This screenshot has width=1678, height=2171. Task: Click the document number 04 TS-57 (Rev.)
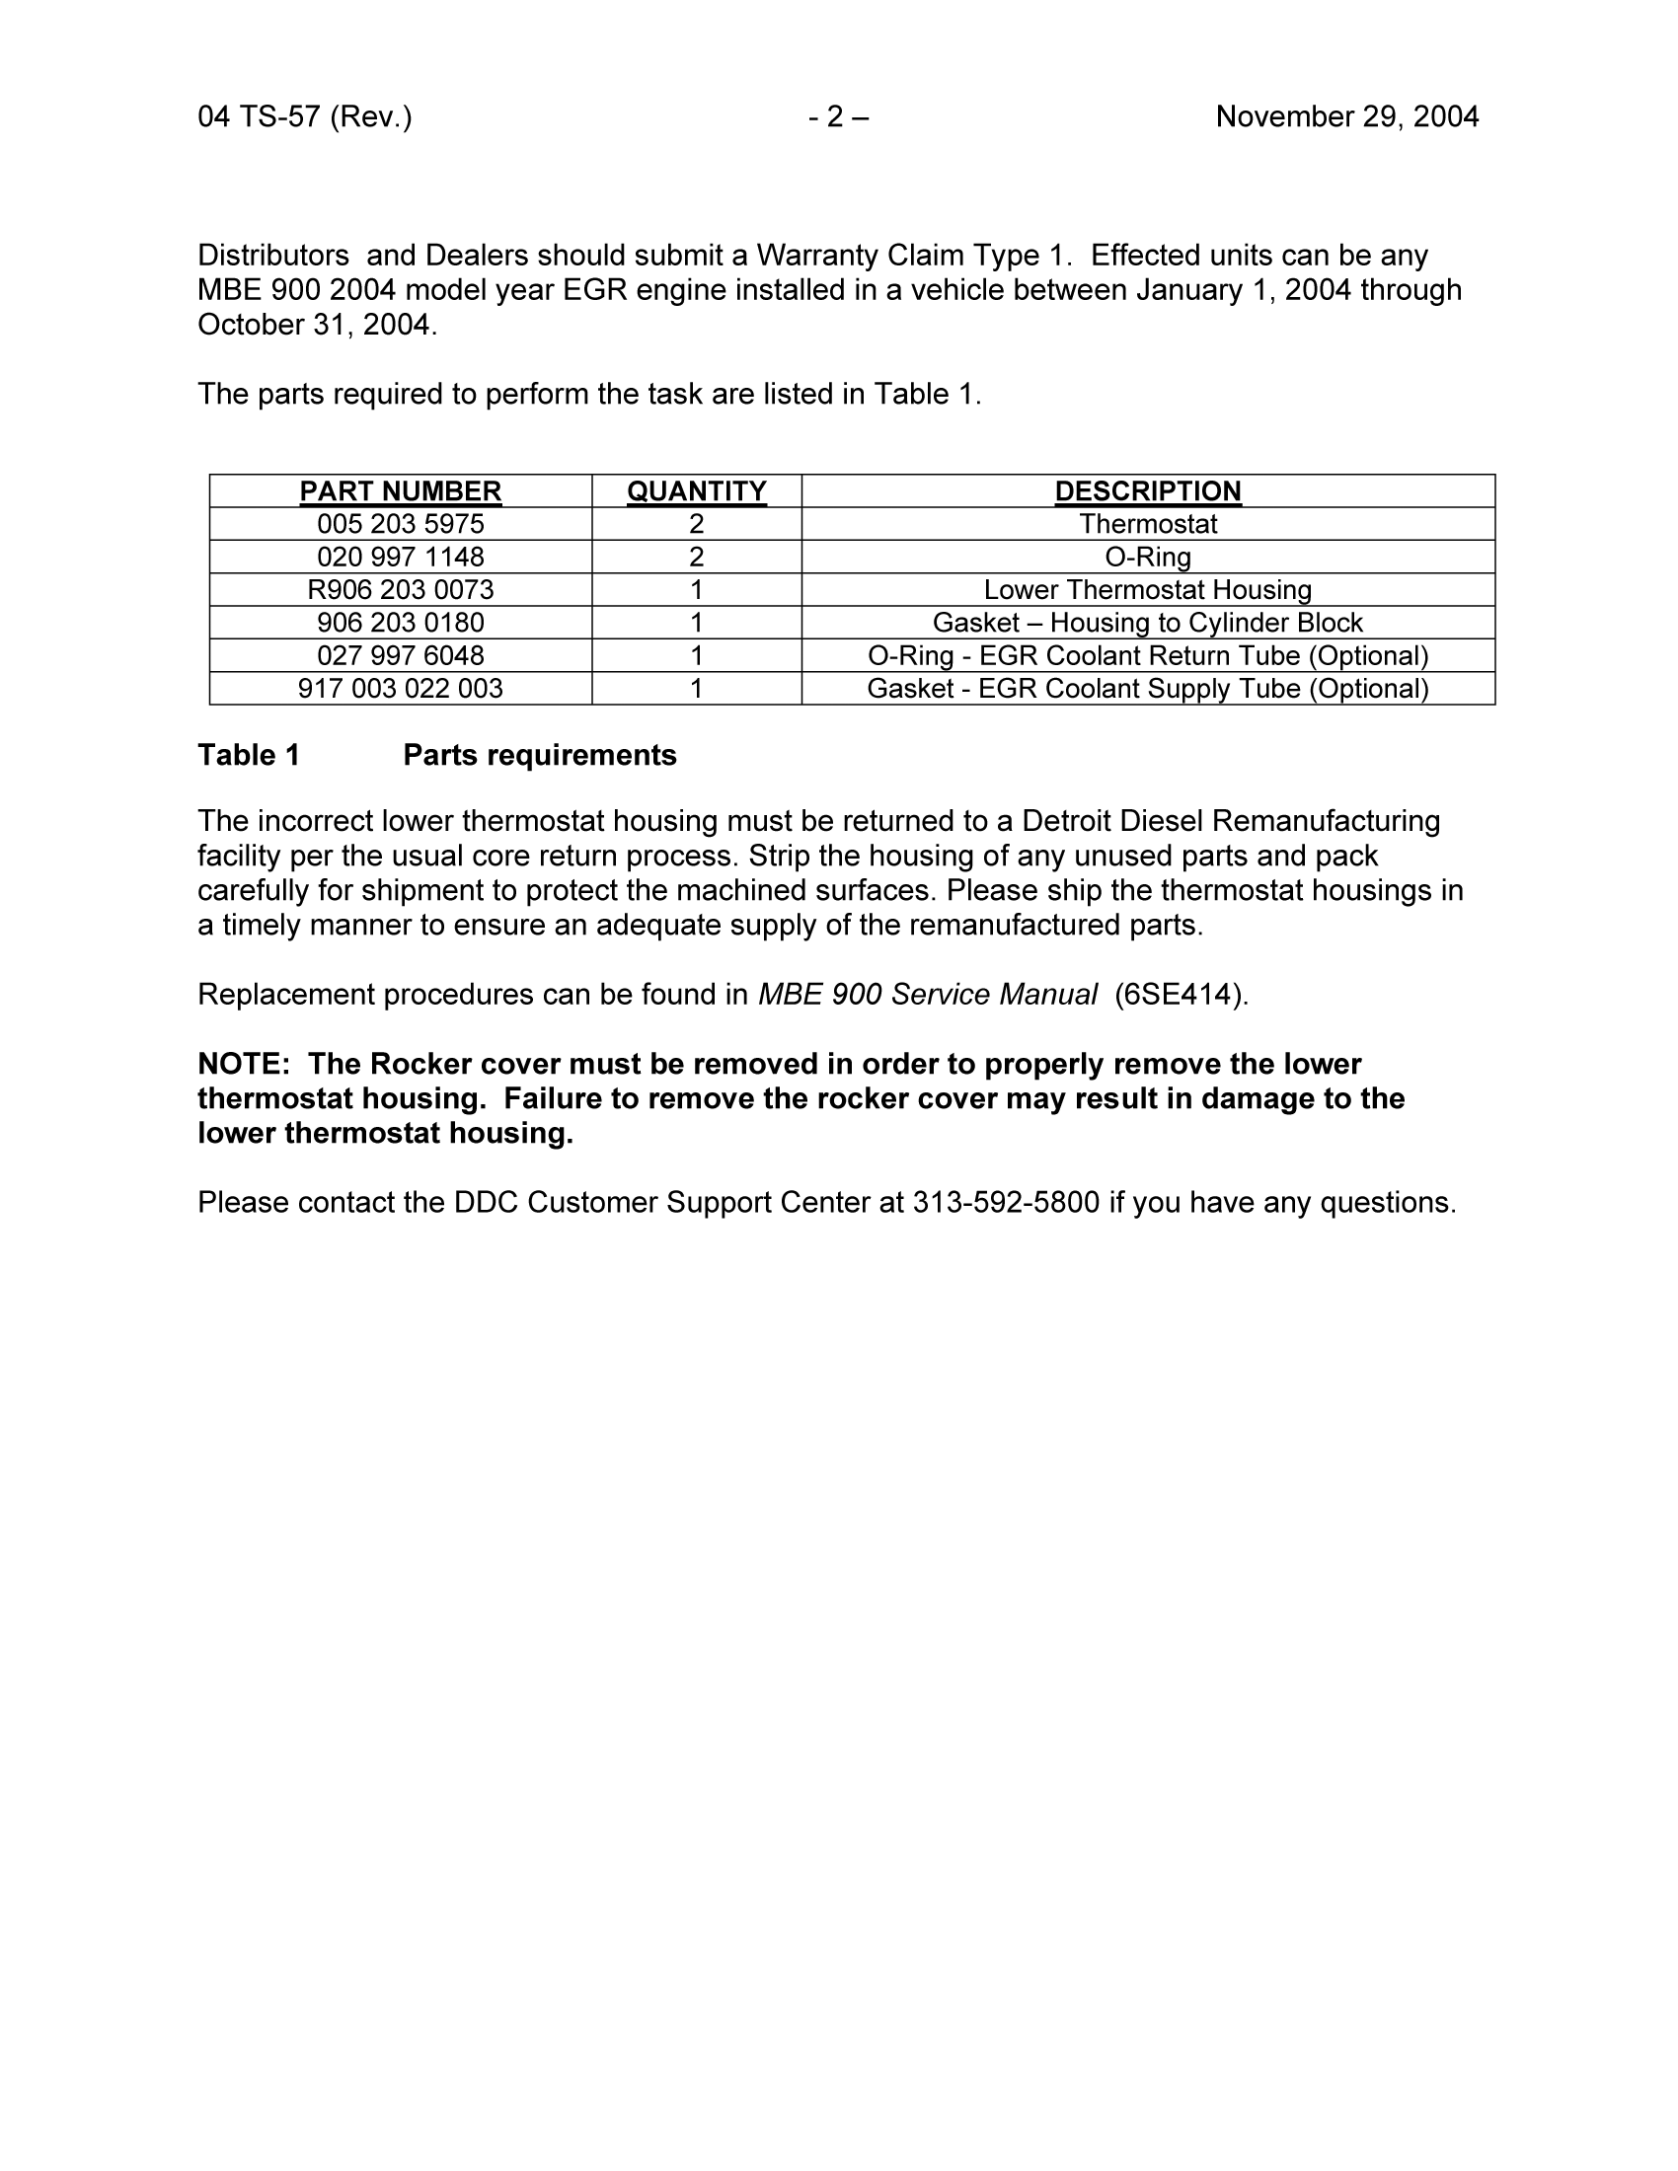pyautogui.click(x=304, y=117)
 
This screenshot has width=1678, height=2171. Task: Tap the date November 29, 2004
pyautogui.click(x=1347, y=117)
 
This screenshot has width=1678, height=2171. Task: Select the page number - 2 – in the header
pyautogui.click(x=838, y=117)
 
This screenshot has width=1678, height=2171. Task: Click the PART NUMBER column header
pyautogui.click(x=401, y=491)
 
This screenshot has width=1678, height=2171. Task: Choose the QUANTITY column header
pyautogui.click(x=697, y=491)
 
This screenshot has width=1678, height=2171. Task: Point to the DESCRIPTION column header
pyautogui.click(x=1147, y=491)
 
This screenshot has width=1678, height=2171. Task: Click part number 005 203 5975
pyautogui.click(x=401, y=524)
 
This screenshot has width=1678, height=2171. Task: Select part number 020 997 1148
pyautogui.click(x=401, y=557)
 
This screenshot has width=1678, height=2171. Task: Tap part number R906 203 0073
pyautogui.click(x=401, y=589)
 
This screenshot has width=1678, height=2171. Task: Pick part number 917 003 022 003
pyautogui.click(x=401, y=688)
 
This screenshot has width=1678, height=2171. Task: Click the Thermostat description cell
pyautogui.click(x=1147, y=524)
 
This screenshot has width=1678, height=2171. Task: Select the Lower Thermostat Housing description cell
pyautogui.click(x=1147, y=589)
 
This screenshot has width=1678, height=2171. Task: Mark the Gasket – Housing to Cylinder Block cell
pyautogui.click(x=1147, y=623)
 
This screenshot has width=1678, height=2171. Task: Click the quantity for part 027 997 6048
pyautogui.click(x=697, y=655)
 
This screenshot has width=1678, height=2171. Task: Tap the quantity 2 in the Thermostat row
pyautogui.click(x=697, y=524)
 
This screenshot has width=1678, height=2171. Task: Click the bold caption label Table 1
pyautogui.click(x=249, y=756)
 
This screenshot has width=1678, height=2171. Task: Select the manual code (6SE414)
pyautogui.click(x=1180, y=994)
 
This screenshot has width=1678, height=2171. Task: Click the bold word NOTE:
pyautogui.click(x=244, y=1064)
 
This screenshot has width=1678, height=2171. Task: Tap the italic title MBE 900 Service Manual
pyautogui.click(x=928, y=994)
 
